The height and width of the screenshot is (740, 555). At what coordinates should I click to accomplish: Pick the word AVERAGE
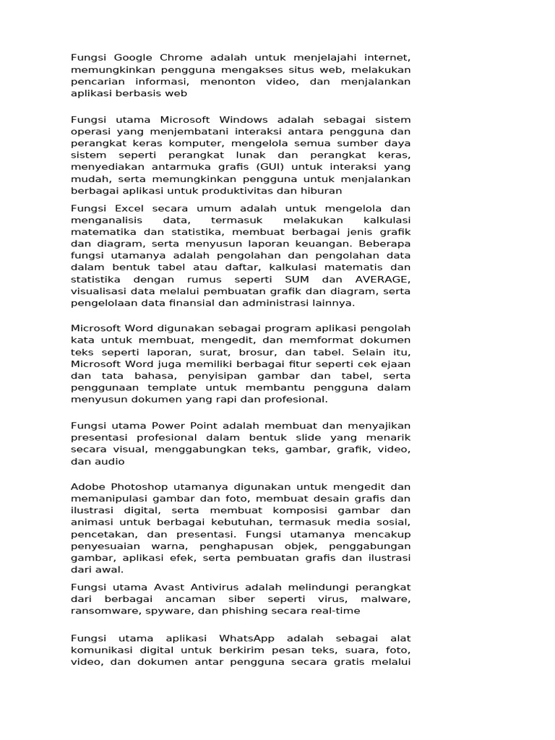tap(382, 279)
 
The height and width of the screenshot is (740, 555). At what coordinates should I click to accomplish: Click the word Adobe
tap(86, 488)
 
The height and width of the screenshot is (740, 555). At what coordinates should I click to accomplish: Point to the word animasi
tap(90, 523)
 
